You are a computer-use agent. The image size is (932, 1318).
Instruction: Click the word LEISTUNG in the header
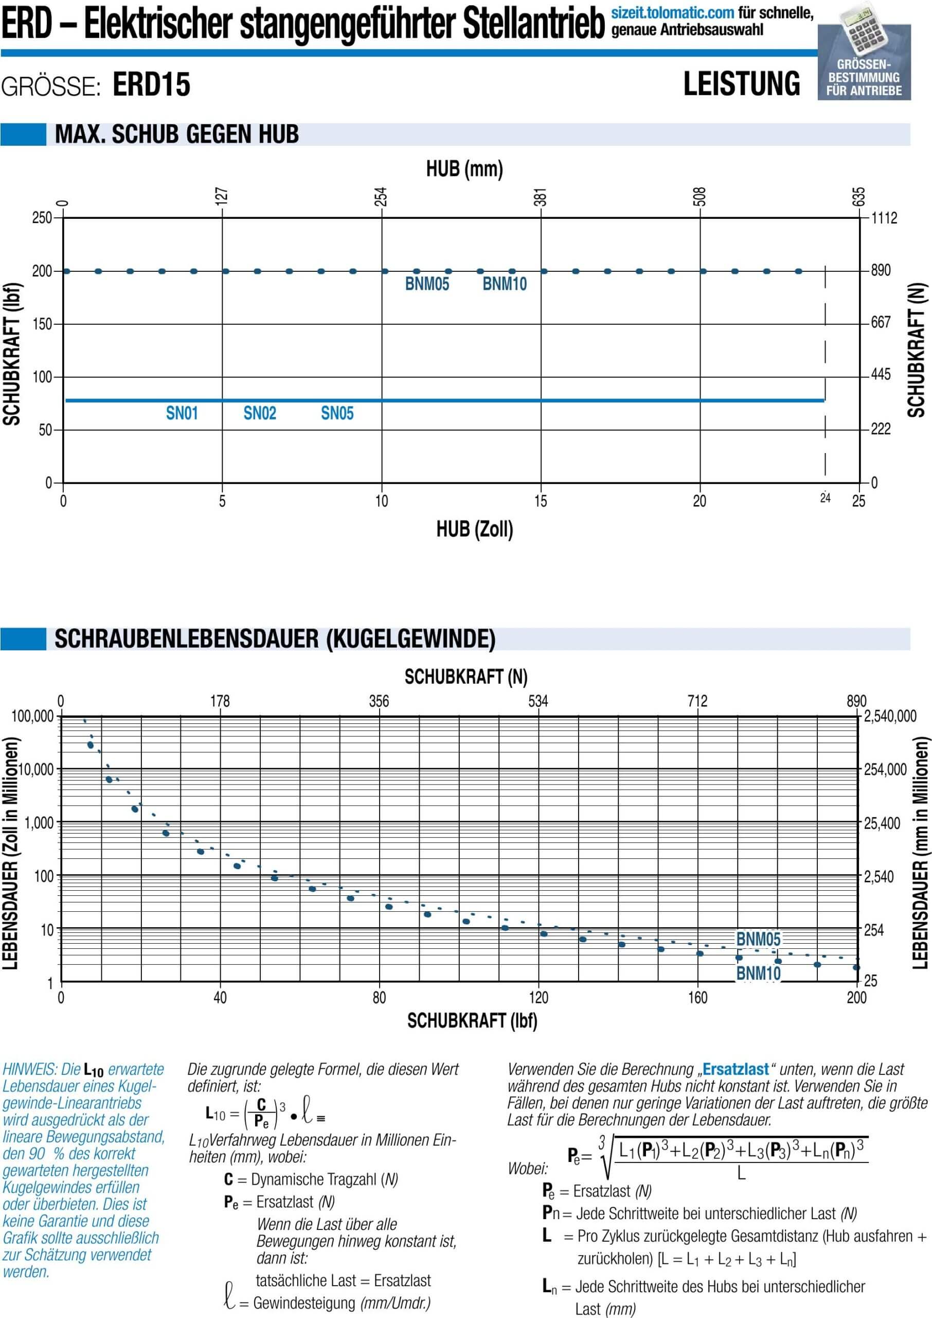pos(742,84)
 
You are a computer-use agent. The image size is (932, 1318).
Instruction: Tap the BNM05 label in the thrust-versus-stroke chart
pos(427,284)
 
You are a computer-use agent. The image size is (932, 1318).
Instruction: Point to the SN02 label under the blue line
pos(259,413)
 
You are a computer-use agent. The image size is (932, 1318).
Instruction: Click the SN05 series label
pos(337,413)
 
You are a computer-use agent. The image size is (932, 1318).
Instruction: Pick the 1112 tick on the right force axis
pos(884,218)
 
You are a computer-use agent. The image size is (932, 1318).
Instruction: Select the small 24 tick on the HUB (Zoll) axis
pos(825,498)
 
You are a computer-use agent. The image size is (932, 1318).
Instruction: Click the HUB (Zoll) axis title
pos(475,529)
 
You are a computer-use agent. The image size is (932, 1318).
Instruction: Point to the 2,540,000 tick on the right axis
pos(890,716)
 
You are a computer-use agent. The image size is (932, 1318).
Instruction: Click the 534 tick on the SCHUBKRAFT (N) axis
pos(539,701)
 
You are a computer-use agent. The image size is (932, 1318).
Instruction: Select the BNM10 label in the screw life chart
pos(758,973)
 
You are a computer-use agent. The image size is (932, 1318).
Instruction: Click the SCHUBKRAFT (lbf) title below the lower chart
pos(472,1020)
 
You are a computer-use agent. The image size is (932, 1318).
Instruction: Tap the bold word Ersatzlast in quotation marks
pos(735,1069)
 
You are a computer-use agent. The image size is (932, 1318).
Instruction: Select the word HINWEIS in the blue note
pos(29,1069)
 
